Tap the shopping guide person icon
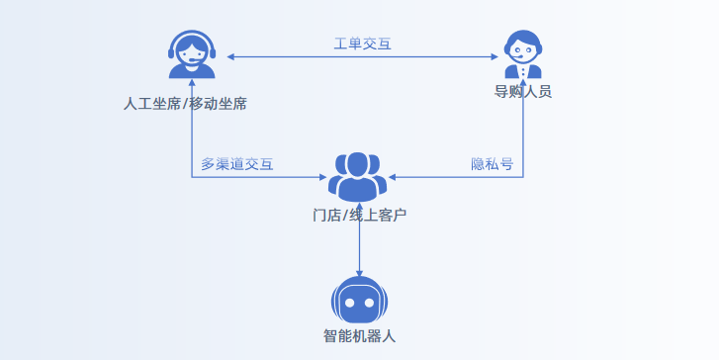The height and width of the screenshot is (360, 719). click(523, 54)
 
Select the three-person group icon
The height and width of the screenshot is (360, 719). click(358, 176)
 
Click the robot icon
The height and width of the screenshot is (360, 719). click(358, 300)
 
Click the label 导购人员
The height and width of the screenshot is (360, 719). click(523, 92)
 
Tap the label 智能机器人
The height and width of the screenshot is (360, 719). click(359, 335)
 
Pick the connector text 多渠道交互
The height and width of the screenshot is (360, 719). click(237, 164)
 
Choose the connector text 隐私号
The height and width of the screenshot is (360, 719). click(492, 164)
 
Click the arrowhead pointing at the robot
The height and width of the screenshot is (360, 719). click(359, 272)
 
